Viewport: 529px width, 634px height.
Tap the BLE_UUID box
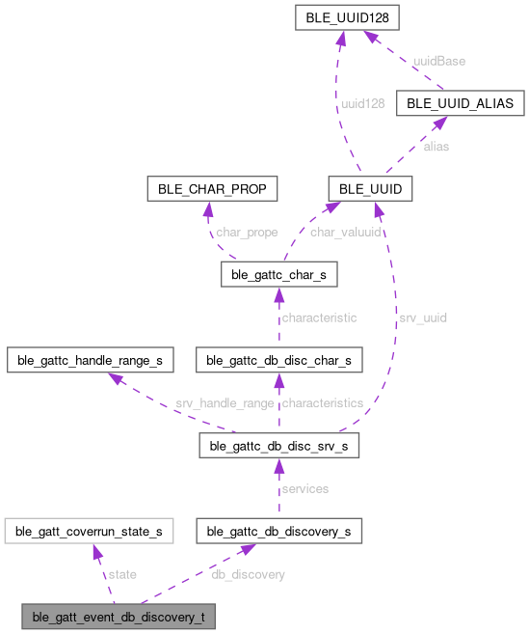pos(371,188)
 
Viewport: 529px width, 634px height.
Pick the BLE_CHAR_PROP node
pos(211,188)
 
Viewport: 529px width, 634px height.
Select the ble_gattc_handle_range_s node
pos(91,361)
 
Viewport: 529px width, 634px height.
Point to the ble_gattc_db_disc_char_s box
pos(278,361)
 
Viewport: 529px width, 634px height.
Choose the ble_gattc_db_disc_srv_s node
pos(278,446)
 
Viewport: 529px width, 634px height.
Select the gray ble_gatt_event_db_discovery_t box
pos(119,616)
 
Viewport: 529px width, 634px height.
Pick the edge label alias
pos(436,147)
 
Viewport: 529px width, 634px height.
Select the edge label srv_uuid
pos(421,317)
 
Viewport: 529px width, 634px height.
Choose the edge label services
pos(304,488)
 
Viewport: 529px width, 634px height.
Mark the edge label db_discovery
pos(248,574)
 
